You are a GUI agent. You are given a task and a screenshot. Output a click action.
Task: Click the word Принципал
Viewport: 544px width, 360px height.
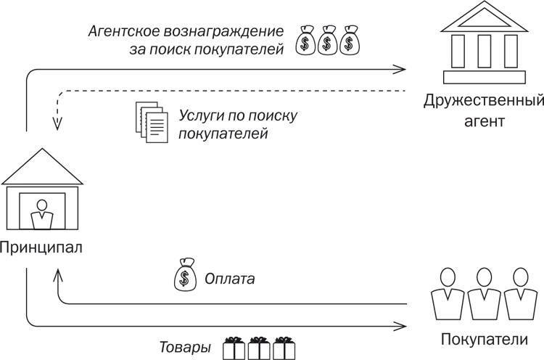[41, 247]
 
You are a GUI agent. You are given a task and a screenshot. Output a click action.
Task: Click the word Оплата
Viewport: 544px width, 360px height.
[229, 278]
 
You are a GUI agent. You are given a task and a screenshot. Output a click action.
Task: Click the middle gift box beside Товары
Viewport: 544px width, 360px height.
[259, 348]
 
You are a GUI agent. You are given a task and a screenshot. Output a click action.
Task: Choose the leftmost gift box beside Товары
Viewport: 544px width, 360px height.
[234, 348]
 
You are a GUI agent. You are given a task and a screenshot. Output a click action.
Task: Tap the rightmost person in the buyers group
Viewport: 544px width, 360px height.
[519, 294]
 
